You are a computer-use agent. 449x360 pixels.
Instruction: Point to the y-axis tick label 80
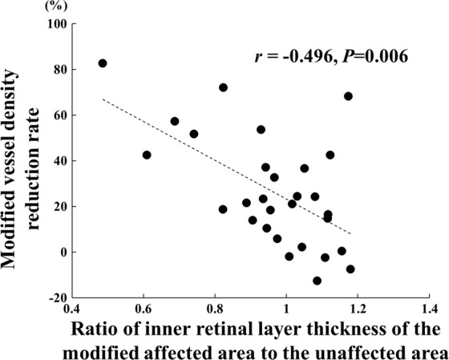click(x=57, y=70)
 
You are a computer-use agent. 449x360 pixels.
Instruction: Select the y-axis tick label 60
click(x=57, y=115)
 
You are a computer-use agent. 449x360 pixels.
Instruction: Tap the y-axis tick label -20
click(x=54, y=297)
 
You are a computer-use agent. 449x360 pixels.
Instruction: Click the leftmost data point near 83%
click(x=103, y=63)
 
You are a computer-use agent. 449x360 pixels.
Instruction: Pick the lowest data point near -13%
click(x=318, y=281)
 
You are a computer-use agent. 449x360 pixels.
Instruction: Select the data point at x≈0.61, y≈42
click(x=147, y=155)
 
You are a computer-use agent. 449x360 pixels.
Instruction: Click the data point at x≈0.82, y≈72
click(x=223, y=87)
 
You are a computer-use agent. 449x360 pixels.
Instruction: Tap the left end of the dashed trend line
click(x=103, y=99)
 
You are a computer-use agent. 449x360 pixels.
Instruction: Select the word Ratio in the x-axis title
click(x=100, y=330)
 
